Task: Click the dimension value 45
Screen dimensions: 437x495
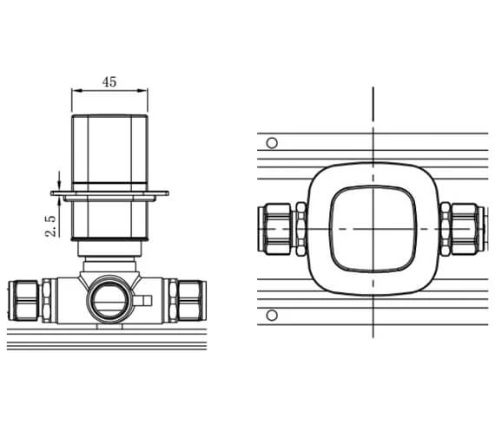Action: (x=109, y=82)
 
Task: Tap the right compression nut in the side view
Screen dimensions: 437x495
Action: (x=190, y=300)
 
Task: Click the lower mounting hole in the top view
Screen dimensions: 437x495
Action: (x=272, y=314)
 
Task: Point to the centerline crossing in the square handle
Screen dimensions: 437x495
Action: (x=373, y=228)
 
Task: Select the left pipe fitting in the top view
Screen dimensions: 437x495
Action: (x=277, y=228)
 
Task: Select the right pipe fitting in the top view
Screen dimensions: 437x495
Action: (x=463, y=228)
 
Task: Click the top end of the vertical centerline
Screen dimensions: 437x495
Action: (x=373, y=90)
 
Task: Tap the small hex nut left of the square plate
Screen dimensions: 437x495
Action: (x=300, y=228)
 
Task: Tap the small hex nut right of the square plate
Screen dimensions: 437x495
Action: (x=445, y=228)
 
